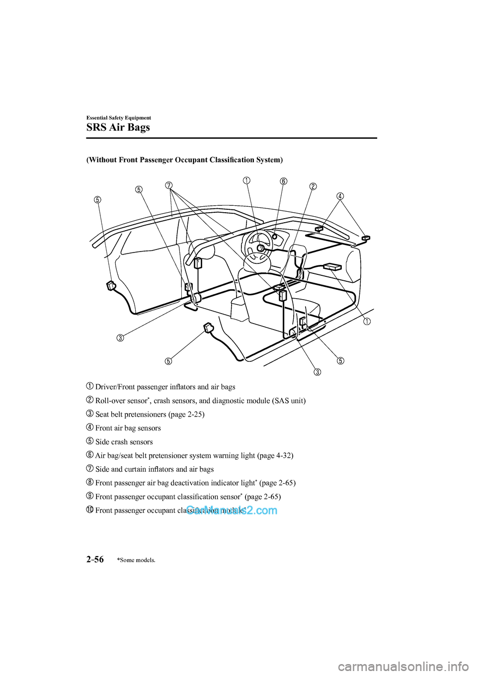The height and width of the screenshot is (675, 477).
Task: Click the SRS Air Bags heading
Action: click(x=118, y=127)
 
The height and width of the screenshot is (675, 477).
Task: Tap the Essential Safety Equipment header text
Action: click(x=119, y=118)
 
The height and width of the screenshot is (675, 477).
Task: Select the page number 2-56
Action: click(x=95, y=559)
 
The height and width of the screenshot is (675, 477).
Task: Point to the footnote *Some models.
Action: click(x=136, y=560)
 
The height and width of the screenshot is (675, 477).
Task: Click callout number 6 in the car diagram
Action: click(x=283, y=181)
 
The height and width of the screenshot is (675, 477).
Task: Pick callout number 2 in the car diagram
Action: click(x=313, y=186)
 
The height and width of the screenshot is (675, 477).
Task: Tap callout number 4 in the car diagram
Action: click(x=340, y=196)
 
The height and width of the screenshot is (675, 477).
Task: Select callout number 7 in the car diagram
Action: click(x=169, y=185)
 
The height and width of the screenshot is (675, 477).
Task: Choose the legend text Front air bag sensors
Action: click(x=128, y=428)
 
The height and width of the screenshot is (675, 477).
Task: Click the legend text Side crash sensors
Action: click(x=124, y=442)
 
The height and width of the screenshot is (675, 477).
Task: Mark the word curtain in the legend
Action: click(x=149, y=469)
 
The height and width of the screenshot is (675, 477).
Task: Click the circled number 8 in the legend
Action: click(x=90, y=482)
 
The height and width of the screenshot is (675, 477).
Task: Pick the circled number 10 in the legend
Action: click(x=90, y=509)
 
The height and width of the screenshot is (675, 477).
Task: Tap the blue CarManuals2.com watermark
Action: click(x=232, y=510)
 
